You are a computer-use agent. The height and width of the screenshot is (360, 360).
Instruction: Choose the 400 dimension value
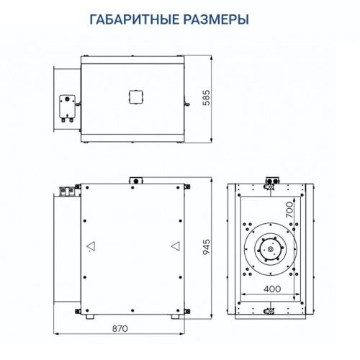[271, 288]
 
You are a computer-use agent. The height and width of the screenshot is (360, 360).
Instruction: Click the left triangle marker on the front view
[90, 246]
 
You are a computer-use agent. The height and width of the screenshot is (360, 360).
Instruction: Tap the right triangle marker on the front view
[175, 246]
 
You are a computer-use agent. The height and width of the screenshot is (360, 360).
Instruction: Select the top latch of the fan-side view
[271, 181]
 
